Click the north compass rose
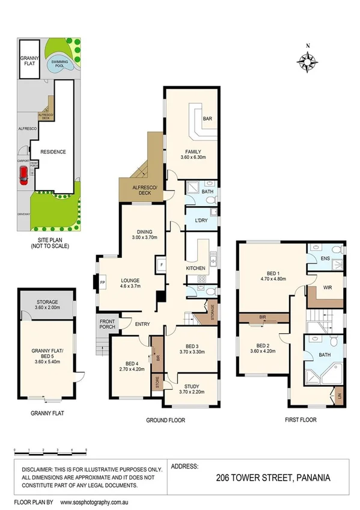coord(308,60)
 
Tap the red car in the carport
coord(23,175)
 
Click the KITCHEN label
coord(196,268)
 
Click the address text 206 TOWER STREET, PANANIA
coord(273,478)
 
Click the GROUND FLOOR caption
coord(165,420)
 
